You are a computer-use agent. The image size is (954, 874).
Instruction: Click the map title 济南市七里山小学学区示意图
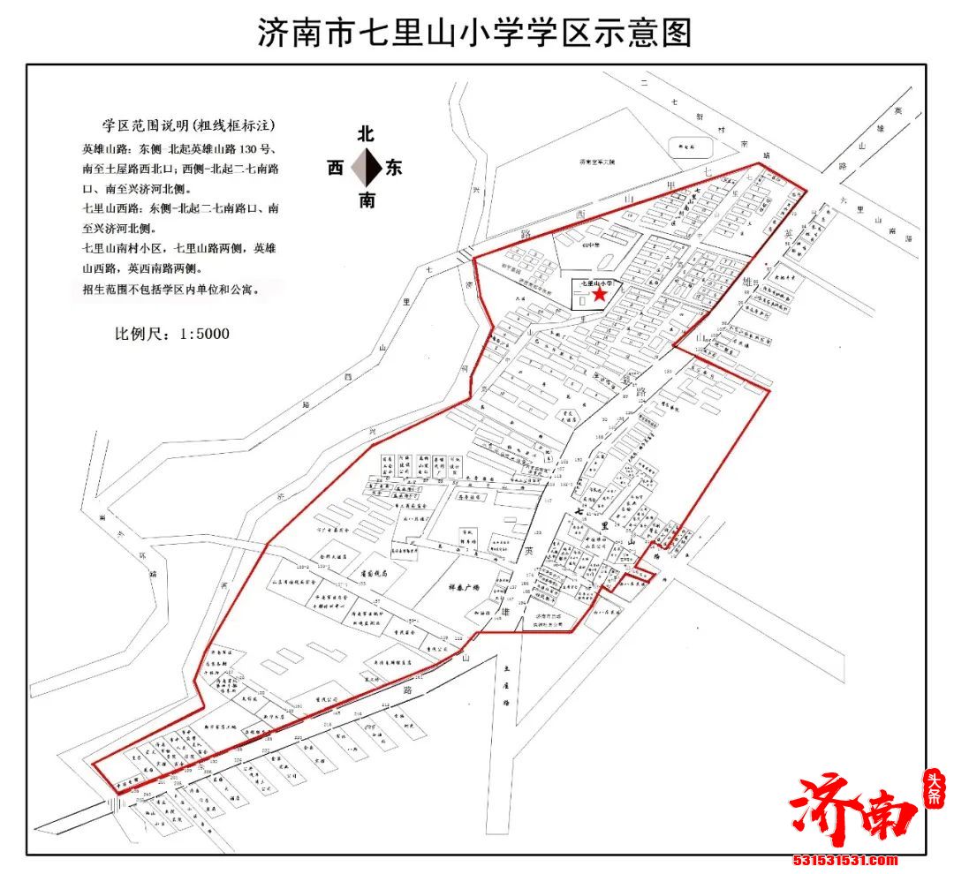point(474,33)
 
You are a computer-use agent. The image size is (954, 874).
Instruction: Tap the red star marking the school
point(599,294)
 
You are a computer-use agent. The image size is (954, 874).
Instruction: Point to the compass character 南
point(366,200)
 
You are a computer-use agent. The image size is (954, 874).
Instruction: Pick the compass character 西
point(335,168)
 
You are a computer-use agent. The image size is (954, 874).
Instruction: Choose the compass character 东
point(395,168)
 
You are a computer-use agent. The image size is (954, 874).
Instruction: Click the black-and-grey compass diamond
point(366,168)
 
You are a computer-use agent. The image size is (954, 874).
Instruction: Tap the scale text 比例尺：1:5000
point(172,334)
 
